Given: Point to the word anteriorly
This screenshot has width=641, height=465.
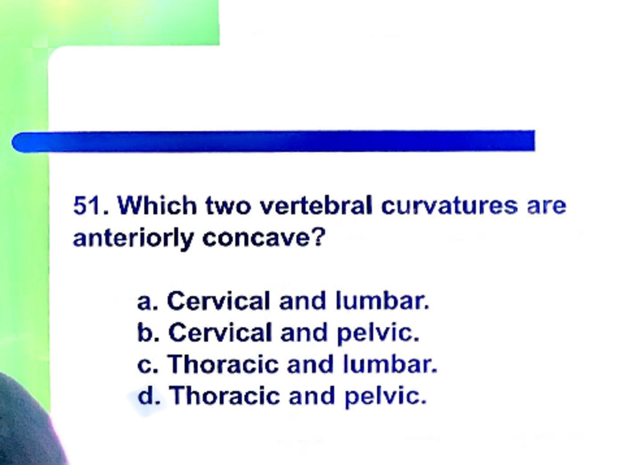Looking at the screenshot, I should click(133, 238).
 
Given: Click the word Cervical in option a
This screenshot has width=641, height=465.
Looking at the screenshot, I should click(218, 301).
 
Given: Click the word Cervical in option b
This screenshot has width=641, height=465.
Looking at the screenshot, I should click(220, 333).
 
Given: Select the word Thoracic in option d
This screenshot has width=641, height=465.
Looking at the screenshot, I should click(225, 396).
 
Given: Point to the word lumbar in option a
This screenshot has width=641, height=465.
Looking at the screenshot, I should click(382, 301).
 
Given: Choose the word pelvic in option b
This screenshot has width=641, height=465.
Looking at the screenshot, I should click(378, 333).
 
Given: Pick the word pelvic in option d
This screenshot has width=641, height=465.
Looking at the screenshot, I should click(385, 396).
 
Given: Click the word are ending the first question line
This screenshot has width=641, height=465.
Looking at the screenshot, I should click(546, 206).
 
